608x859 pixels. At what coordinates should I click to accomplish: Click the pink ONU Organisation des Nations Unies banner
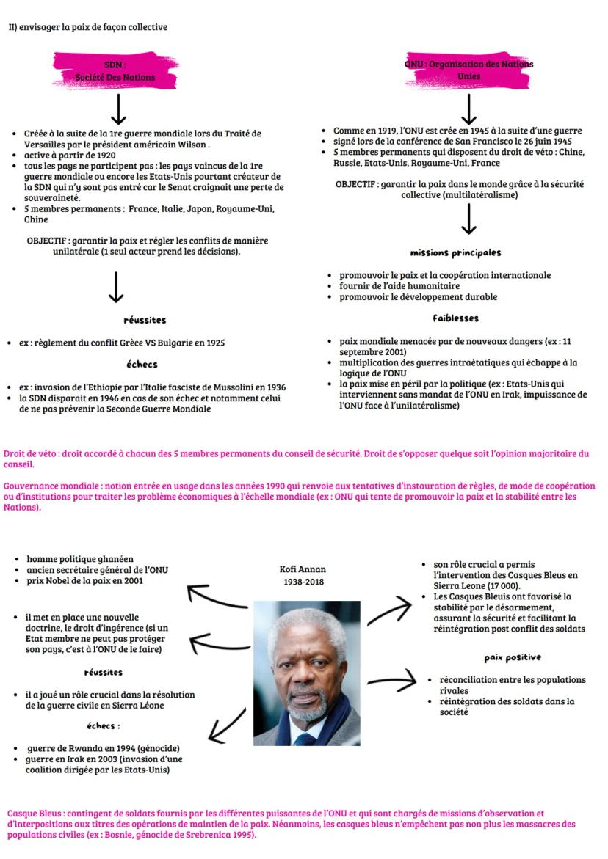[x=469, y=70]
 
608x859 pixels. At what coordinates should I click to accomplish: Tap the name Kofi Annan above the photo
[x=303, y=569]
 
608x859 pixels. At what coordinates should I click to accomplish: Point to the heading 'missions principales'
[x=455, y=252]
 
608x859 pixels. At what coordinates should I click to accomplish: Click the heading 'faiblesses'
[x=455, y=318]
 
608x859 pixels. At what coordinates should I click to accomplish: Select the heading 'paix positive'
[x=512, y=657]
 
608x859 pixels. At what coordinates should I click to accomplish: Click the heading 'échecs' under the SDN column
[x=142, y=364]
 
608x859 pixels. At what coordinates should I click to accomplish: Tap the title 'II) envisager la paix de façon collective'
[x=87, y=27]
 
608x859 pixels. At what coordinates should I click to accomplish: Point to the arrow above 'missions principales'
[x=470, y=218]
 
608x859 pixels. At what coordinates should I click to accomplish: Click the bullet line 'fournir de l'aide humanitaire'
[x=399, y=286]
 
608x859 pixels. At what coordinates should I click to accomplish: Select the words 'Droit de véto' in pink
[x=29, y=454]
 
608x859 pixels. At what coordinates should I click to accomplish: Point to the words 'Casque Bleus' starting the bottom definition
[x=34, y=814]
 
